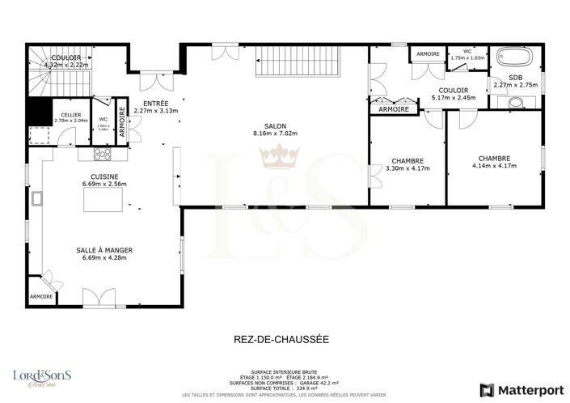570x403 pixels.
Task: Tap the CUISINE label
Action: (105, 176)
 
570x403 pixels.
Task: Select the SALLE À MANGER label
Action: (105, 251)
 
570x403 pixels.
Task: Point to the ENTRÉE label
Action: (155, 104)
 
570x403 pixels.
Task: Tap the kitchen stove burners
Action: (103, 154)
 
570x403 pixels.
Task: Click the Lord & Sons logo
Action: (42, 376)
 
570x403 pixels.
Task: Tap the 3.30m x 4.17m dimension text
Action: (407, 169)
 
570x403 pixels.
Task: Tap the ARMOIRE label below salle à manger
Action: (41, 297)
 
